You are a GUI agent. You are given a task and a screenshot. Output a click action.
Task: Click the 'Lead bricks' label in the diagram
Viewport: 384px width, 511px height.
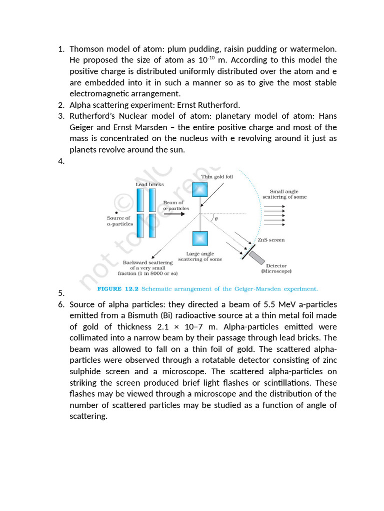[149, 185]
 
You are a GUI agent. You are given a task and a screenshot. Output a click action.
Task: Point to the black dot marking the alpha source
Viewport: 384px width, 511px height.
[116, 213]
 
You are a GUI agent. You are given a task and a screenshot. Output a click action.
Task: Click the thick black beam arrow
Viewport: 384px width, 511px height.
[174, 214]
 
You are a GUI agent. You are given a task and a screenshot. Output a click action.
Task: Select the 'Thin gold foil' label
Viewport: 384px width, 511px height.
[217, 177]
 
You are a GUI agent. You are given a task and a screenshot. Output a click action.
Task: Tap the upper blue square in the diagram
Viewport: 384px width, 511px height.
[200, 190]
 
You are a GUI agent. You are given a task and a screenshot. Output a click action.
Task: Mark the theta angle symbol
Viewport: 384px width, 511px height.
[215, 219]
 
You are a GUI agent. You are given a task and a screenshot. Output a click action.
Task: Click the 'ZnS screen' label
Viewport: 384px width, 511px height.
[271, 240]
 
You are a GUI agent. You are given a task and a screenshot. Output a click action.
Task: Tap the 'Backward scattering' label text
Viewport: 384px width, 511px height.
[148, 262]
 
